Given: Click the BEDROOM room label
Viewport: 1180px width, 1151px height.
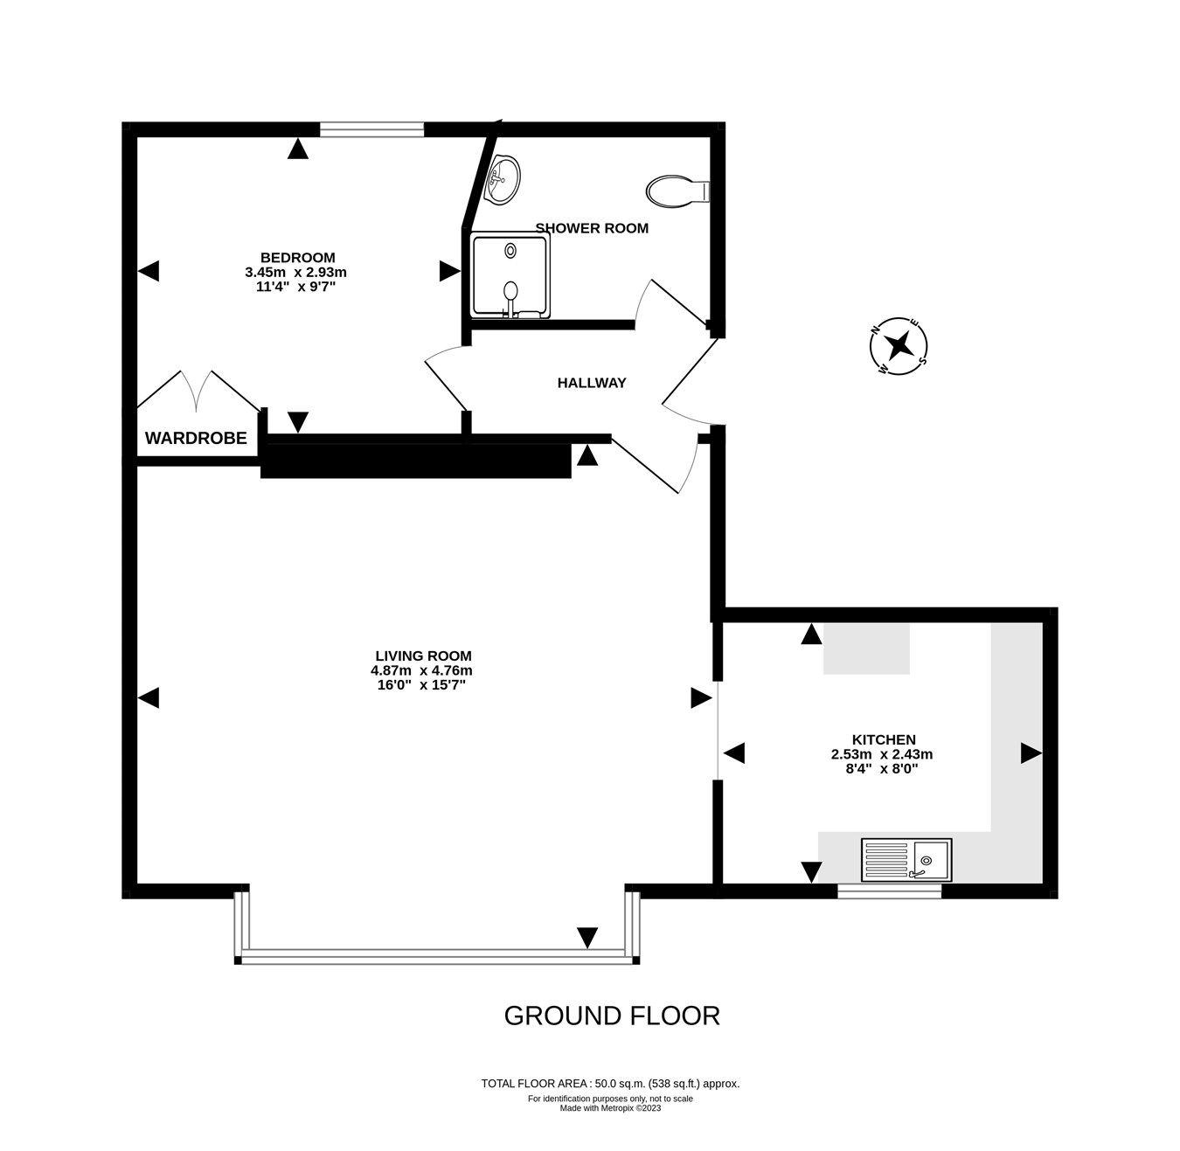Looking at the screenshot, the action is pos(298,257).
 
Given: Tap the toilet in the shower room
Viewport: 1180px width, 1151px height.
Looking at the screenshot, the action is pos(677,191).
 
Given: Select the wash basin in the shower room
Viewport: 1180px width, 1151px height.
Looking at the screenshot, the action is pos(503,179).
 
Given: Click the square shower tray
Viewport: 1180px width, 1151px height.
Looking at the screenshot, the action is pos(511,274).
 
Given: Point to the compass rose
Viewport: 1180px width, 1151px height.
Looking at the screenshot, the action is pos(898,346).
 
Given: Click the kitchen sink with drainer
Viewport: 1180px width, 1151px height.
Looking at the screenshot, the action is pos(906,859).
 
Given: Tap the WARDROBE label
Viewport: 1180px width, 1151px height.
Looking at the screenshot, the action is pos(196,438).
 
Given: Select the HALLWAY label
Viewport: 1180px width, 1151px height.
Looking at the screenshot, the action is pos(592,383).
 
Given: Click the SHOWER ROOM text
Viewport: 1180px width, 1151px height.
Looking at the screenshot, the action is pos(592,228).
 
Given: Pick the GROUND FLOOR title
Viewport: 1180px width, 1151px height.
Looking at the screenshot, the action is pos(612,1016).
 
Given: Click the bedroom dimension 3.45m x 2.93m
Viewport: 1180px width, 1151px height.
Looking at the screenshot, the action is pos(296,273).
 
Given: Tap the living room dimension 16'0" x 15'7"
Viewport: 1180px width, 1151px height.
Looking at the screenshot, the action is pos(421,684).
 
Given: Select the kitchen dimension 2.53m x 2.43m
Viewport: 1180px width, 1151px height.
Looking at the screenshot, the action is pos(882,754).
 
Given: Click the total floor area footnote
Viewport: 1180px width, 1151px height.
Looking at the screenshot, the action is pos(611,1083).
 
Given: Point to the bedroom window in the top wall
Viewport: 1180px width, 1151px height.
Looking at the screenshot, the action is pos(371,128).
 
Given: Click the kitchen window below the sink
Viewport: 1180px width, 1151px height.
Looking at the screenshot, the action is pos(890,891).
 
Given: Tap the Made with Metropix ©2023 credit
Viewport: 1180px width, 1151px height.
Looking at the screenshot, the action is pos(611,1108).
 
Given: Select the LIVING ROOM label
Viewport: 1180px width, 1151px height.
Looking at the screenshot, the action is pos(423,655).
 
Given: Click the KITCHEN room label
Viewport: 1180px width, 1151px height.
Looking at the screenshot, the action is pos(884,739).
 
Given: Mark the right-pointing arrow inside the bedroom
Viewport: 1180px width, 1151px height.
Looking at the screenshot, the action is pos(449,271).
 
